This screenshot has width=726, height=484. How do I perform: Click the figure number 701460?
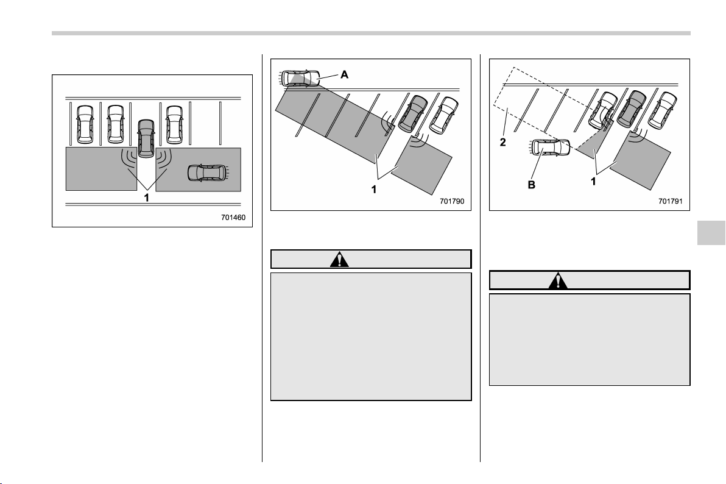233,218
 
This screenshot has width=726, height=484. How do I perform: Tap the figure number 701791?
670,201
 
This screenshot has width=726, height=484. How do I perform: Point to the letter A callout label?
345,74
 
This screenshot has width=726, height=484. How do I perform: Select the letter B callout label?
532,185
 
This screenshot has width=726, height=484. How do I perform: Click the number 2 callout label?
503,142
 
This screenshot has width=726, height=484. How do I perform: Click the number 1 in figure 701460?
147,198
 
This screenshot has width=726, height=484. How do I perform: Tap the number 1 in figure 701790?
374,189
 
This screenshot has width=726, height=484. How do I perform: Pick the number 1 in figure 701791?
593,181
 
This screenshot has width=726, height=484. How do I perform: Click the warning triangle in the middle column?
340,260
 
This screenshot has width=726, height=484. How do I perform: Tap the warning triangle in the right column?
559,280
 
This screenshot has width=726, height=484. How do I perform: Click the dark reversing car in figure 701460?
146,137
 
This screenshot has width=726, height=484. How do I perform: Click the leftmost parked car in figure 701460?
85,124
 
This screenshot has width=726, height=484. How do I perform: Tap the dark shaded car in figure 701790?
412,113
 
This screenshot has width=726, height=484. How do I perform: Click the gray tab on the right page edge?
711,232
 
